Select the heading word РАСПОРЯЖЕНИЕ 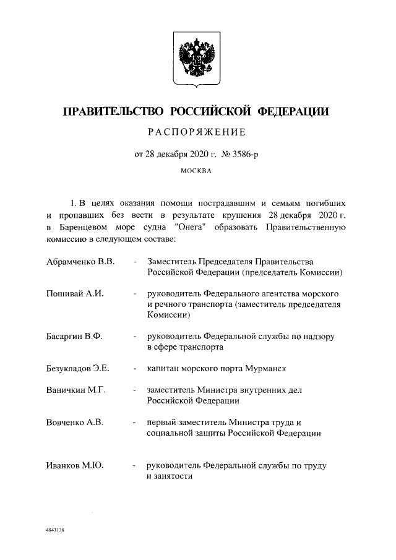point(196,132)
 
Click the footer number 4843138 point(55,531)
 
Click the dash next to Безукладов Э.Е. point(134,369)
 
